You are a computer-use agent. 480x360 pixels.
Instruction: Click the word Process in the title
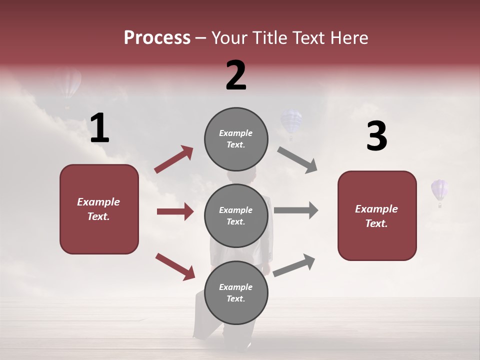(157, 38)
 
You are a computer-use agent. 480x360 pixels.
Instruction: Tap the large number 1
(99, 128)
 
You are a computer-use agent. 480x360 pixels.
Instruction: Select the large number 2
(236, 75)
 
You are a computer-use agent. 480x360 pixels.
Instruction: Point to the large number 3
(376, 136)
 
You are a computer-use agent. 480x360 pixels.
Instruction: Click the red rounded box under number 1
(99, 209)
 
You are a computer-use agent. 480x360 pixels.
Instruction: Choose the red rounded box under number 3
(377, 216)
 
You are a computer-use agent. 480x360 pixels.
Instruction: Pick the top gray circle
(236, 139)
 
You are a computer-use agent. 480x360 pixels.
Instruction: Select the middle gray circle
(236, 216)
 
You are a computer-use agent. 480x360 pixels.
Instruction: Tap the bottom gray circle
(236, 292)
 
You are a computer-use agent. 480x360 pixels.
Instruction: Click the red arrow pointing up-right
(174, 159)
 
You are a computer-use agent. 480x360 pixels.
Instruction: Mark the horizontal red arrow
(175, 211)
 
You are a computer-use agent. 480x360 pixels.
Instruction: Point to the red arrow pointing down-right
(175, 266)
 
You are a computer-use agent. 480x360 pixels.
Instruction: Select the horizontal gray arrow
(296, 210)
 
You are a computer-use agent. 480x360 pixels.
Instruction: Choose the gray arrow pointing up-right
(294, 265)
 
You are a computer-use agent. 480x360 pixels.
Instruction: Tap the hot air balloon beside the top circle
(291, 123)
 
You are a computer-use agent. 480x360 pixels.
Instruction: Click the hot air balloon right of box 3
(439, 191)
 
